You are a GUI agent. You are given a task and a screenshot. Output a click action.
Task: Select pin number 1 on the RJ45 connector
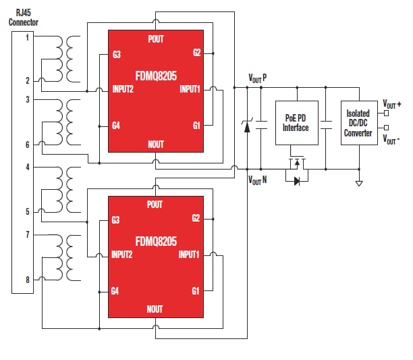point(28,37)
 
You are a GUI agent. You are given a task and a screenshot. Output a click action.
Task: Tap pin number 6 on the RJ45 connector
point(28,145)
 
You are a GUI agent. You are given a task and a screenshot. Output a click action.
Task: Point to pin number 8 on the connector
point(28,279)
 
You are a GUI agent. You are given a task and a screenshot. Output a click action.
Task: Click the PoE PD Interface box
point(295,123)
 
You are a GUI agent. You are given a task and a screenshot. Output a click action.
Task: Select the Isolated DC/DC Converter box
point(358,123)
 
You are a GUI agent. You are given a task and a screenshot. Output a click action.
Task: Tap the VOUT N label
point(257,180)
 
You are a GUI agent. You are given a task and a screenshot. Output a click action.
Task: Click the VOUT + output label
point(392,104)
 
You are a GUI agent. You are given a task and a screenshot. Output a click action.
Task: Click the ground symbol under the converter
point(359,182)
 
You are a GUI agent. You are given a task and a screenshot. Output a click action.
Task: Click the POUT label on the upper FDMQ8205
point(155,39)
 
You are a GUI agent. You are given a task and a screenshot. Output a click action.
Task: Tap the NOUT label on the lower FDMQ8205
point(155,309)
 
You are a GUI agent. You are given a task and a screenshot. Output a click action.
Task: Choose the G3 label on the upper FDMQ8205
point(117,55)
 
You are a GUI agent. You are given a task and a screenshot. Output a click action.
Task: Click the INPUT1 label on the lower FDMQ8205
point(190,255)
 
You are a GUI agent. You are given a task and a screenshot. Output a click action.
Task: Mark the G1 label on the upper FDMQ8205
point(196,126)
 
